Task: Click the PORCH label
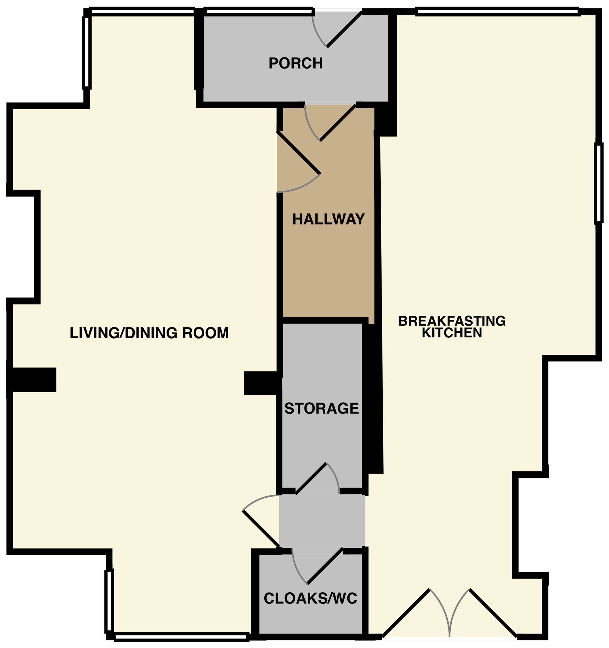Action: pyautogui.click(x=295, y=63)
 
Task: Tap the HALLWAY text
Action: pyautogui.click(x=328, y=219)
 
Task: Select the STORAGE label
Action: pyautogui.click(x=322, y=408)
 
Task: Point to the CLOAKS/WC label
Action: pyautogui.click(x=310, y=598)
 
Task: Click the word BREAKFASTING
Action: pyautogui.click(x=452, y=321)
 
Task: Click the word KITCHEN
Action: pyautogui.click(x=452, y=333)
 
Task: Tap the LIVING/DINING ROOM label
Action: pyautogui.click(x=149, y=333)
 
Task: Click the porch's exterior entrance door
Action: pyautogui.click(x=344, y=29)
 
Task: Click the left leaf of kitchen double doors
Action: pyautogui.click(x=406, y=613)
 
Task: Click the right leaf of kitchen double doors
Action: pyautogui.click(x=493, y=613)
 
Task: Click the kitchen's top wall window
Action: pyautogui.click(x=497, y=12)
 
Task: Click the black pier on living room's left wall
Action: pyautogui.click(x=32, y=379)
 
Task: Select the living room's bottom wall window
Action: pyautogui.click(x=181, y=636)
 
